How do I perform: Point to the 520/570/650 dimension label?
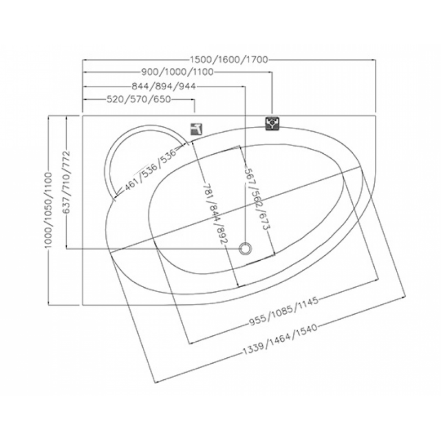(x=137, y=99)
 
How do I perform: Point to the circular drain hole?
(x=245, y=249)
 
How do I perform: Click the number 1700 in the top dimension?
(x=257, y=60)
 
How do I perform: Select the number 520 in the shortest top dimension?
(x=114, y=99)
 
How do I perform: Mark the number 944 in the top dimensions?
(x=186, y=87)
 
